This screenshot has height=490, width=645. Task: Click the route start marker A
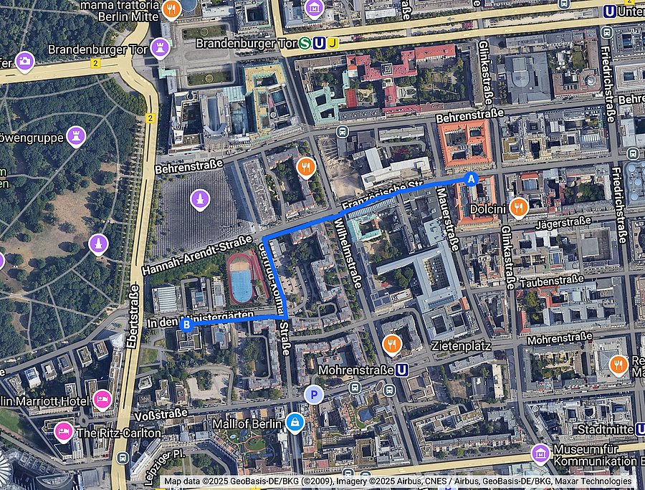pos(471,179)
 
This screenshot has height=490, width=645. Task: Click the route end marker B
pos(187,325)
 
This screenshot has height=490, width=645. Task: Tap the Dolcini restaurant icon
pos(520,208)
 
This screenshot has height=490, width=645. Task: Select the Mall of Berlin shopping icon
pos(294,423)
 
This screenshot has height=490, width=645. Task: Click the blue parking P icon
pos(313,394)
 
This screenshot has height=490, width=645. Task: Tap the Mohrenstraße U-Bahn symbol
pos(403,370)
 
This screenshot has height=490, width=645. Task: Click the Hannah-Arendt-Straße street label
pos(196,255)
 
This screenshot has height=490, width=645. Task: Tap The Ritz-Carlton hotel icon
pos(64,431)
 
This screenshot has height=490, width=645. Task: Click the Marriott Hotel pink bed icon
pos(102,398)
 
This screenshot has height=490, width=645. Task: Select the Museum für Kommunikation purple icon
pos(540,453)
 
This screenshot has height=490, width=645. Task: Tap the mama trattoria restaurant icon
pos(171,9)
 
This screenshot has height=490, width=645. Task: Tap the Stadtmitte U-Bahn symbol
pos(640,429)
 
